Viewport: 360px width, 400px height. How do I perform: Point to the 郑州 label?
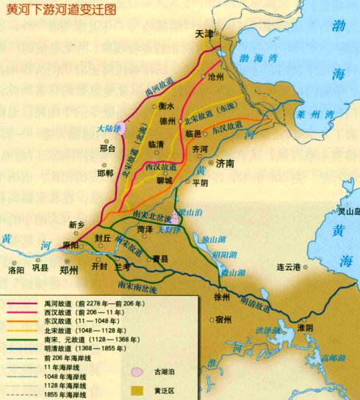click(69, 269)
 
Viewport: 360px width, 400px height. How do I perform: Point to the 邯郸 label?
click(105, 173)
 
